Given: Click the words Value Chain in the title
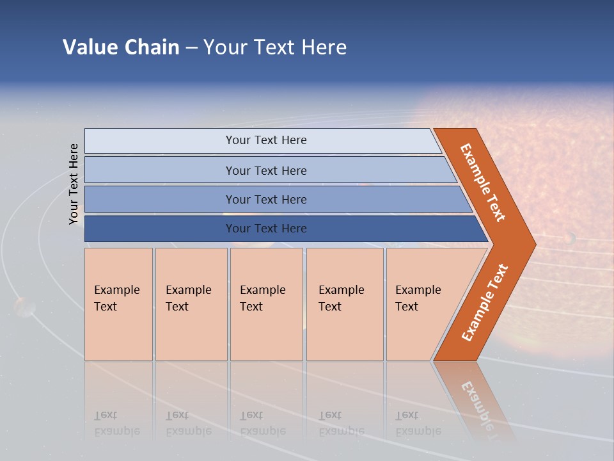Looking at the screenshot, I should (x=121, y=47).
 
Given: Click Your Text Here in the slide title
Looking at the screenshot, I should (x=275, y=47).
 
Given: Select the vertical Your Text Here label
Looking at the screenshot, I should (x=74, y=184).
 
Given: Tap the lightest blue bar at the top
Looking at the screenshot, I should (x=265, y=140).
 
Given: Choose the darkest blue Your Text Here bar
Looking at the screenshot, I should (x=265, y=229).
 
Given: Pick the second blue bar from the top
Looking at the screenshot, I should (x=265, y=170).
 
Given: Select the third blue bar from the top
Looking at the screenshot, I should (x=265, y=199).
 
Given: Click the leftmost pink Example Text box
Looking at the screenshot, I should (x=118, y=304).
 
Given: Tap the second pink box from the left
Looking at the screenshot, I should (x=191, y=304).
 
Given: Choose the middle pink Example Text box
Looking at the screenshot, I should (x=266, y=304).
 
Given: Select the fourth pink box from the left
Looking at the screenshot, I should (x=344, y=304).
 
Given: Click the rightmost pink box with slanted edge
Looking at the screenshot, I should (x=422, y=304).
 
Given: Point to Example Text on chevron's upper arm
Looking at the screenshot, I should (x=483, y=182).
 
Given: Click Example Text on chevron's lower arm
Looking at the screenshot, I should (x=484, y=302).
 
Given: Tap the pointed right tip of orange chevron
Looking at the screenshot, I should (x=532, y=244).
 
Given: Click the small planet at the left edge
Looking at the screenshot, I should (x=24, y=307).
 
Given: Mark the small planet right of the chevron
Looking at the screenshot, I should (x=569, y=238).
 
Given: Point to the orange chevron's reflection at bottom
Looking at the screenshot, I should (x=476, y=400).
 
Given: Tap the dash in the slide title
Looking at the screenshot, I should (x=191, y=48).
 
